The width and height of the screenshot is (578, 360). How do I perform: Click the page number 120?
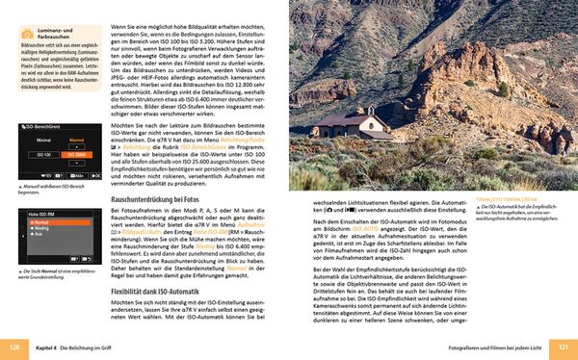[15, 347]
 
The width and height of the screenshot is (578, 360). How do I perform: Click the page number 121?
[563, 347]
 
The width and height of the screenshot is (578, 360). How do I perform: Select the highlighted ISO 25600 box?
[76, 154]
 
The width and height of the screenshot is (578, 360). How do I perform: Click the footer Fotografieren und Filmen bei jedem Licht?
[484, 347]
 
